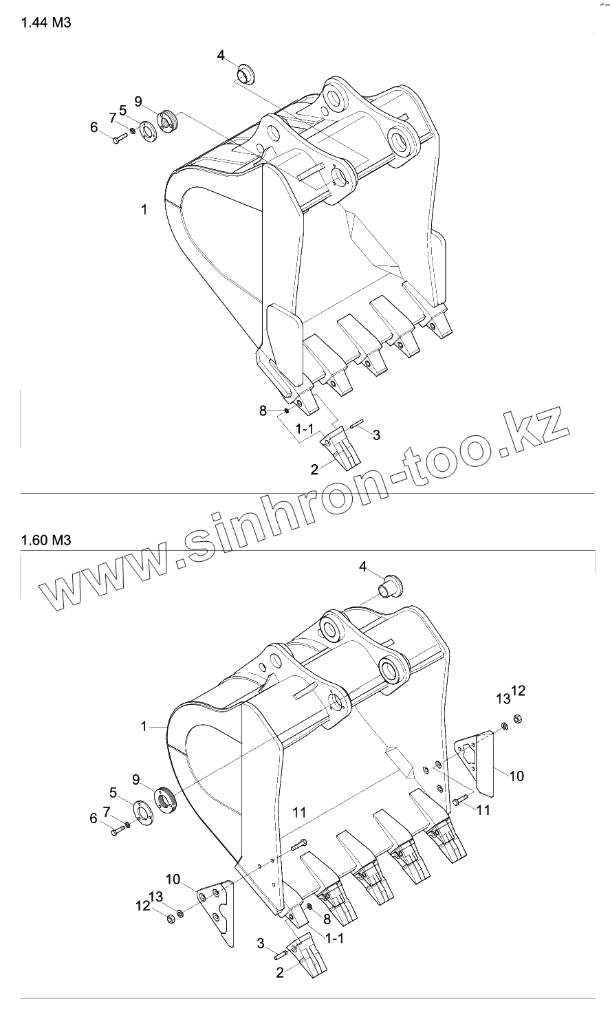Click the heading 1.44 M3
pyautogui.click(x=46, y=23)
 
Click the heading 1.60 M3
pyautogui.click(x=46, y=540)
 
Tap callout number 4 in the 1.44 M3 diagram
pyautogui.click(x=221, y=55)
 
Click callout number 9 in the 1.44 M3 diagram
pyautogui.click(x=138, y=102)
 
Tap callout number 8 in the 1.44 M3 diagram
pyautogui.click(x=263, y=411)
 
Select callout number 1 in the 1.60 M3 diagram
pyautogui.click(x=144, y=725)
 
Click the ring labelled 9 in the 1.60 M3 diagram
pyautogui.click(x=167, y=799)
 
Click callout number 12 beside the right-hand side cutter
pyautogui.click(x=519, y=690)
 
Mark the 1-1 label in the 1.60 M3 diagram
pyautogui.click(x=335, y=938)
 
